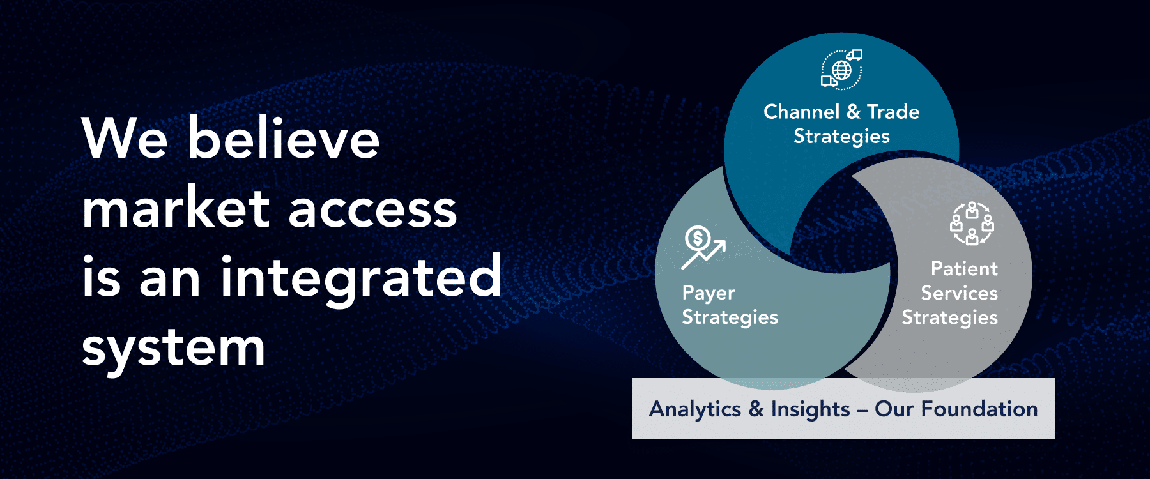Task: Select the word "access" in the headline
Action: tap(373, 211)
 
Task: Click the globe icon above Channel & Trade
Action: tap(841, 69)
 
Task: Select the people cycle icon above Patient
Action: tap(972, 224)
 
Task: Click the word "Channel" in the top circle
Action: tap(801, 112)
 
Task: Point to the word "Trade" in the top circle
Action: tap(893, 112)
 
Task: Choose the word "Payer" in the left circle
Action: tap(709, 293)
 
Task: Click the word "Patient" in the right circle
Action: tap(964, 269)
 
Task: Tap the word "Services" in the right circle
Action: tap(959, 293)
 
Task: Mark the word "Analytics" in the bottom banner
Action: tap(695, 409)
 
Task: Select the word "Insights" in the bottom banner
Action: tap(810, 409)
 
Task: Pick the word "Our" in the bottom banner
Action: tap(894, 409)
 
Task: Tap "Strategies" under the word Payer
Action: tap(730, 317)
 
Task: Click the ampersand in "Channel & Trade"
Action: tap(853, 112)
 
